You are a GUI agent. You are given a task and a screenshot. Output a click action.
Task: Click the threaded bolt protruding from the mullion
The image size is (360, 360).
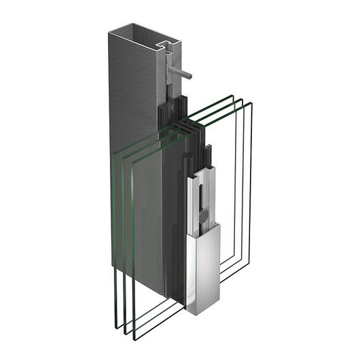(x=181, y=73)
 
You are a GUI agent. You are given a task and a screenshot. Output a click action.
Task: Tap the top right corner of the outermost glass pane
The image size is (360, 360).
(x=251, y=104)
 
